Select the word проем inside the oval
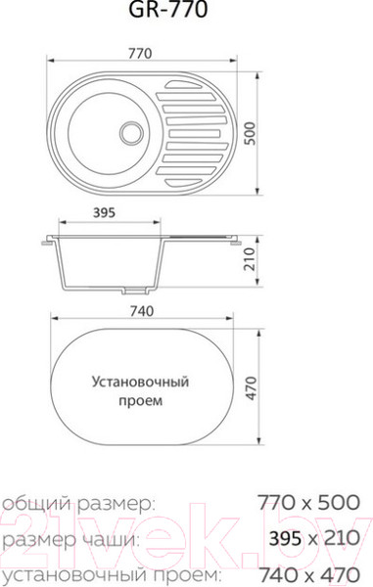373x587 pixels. (x=142, y=400)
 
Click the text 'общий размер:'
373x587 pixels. (x=77, y=503)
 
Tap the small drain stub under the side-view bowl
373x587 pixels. (x=137, y=291)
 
